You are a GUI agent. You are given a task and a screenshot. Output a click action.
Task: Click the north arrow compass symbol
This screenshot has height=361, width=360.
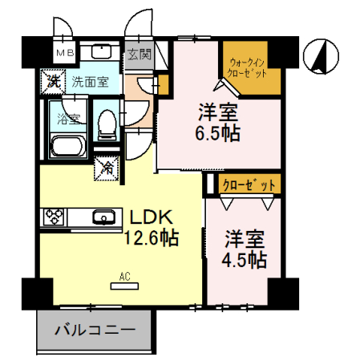(x=319, y=55)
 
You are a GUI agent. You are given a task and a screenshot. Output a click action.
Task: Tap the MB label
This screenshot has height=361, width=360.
(x=63, y=54)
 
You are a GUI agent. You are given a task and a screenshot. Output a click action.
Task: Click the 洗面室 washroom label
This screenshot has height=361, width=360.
(x=88, y=81)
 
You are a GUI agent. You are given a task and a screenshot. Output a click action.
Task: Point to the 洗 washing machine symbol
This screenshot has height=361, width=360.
(x=52, y=80)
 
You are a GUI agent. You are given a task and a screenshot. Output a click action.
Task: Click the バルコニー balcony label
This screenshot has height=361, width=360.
(x=95, y=330)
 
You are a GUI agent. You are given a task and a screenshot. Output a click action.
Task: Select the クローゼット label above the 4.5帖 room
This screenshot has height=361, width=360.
(x=249, y=185)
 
